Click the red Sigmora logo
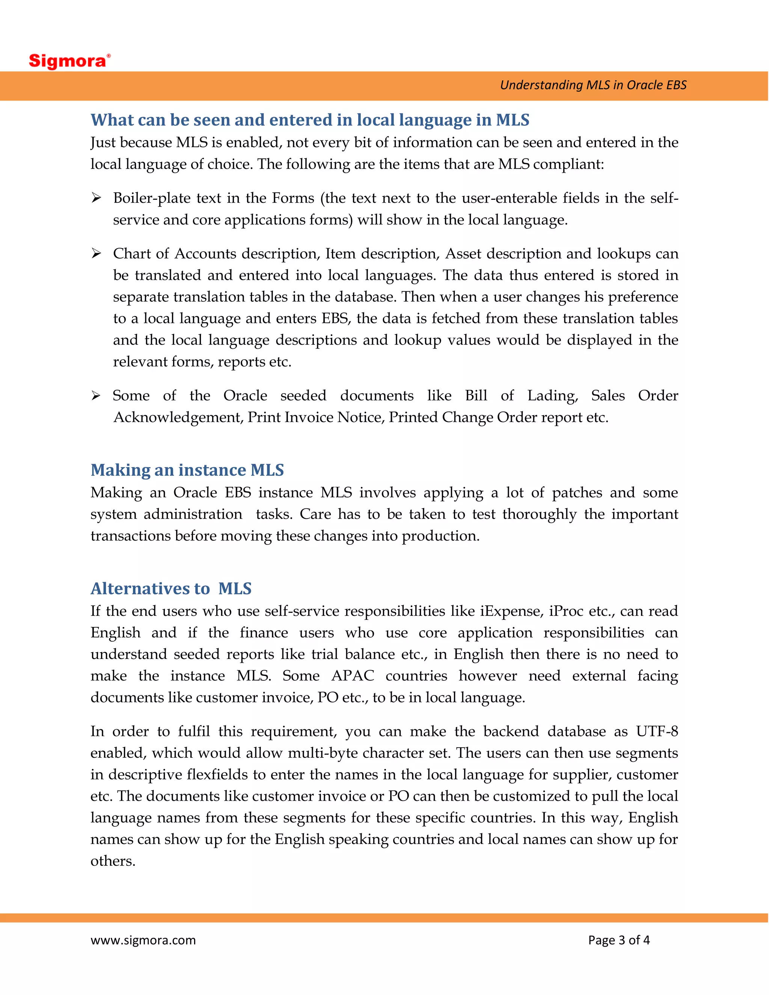click(69, 60)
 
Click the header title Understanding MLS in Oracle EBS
click(593, 85)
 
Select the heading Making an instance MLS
click(187, 470)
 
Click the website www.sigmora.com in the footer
click(143, 940)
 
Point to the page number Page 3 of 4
click(619, 940)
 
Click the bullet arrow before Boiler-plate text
click(96, 198)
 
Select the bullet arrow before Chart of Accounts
click(96, 253)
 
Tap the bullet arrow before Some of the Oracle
click(96, 395)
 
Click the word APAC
click(353, 675)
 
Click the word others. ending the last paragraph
click(113, 861)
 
